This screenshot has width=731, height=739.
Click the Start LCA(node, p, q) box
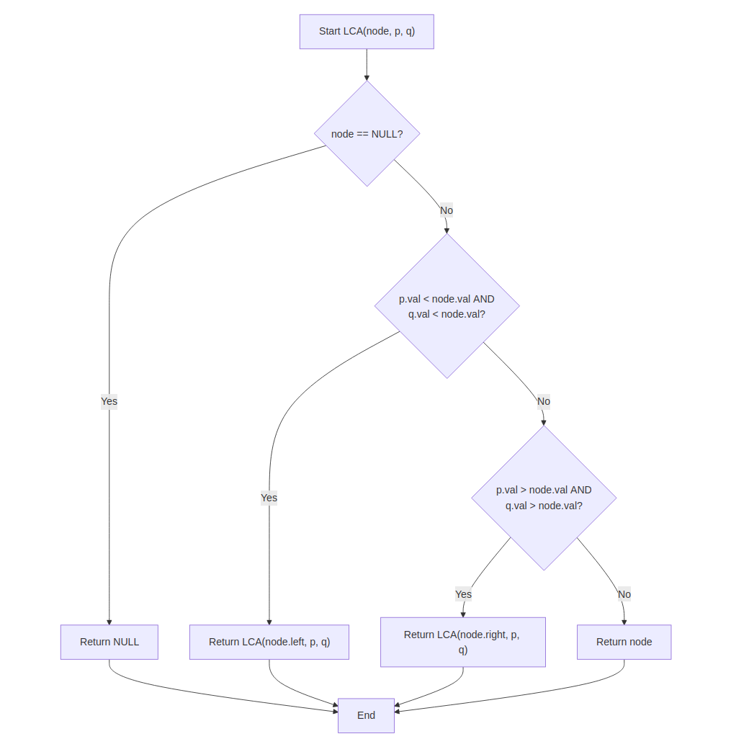coord(367,32)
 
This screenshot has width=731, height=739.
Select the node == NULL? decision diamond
coord(367,133)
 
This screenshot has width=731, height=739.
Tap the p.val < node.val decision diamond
coord(447,306)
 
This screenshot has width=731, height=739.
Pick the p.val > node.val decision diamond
coord(544,498)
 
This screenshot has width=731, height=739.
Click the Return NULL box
coord(109,642)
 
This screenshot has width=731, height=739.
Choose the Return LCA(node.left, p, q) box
coord(269,642)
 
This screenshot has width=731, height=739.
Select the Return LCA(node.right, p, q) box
coord(462,642)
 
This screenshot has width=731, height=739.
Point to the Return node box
coord(624,642)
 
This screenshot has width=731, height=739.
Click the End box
coord(366,715)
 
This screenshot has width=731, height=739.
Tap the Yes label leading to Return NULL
coord(109,401)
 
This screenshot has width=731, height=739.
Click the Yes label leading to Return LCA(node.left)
coord(269,498)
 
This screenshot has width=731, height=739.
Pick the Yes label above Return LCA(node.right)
coord(463,594)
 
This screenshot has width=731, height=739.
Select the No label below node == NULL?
coord(447,210)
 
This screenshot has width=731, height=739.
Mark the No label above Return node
coord(624,594)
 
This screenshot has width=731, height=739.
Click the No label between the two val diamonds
coord(543,401)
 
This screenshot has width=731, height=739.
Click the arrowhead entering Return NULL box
coord(109,622)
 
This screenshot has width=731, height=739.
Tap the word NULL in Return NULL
coord(127,642)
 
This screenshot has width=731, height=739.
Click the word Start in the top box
coord(330,32)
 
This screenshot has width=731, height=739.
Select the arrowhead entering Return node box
coord(624,622)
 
